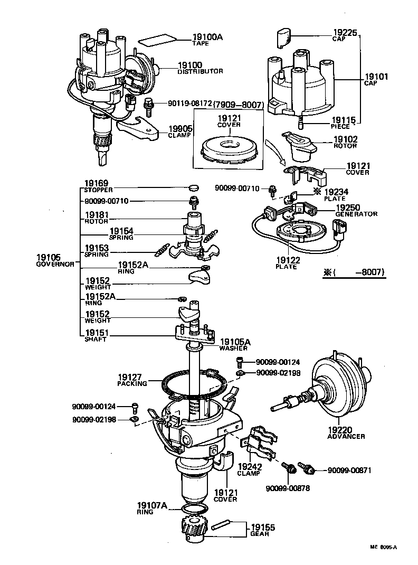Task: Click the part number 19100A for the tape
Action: tap(193, 37)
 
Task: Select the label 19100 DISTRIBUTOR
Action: tap(199, 68)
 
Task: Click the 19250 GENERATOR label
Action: tap(356, 211)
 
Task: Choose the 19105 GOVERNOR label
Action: tap(54, 260)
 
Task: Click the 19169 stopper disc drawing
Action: tap(194, 187)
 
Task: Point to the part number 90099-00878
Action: tap(288, 488)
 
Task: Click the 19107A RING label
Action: tap(152, 508)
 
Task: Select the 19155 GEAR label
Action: tap(262, 530)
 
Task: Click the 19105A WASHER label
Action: tap(235, 345)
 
